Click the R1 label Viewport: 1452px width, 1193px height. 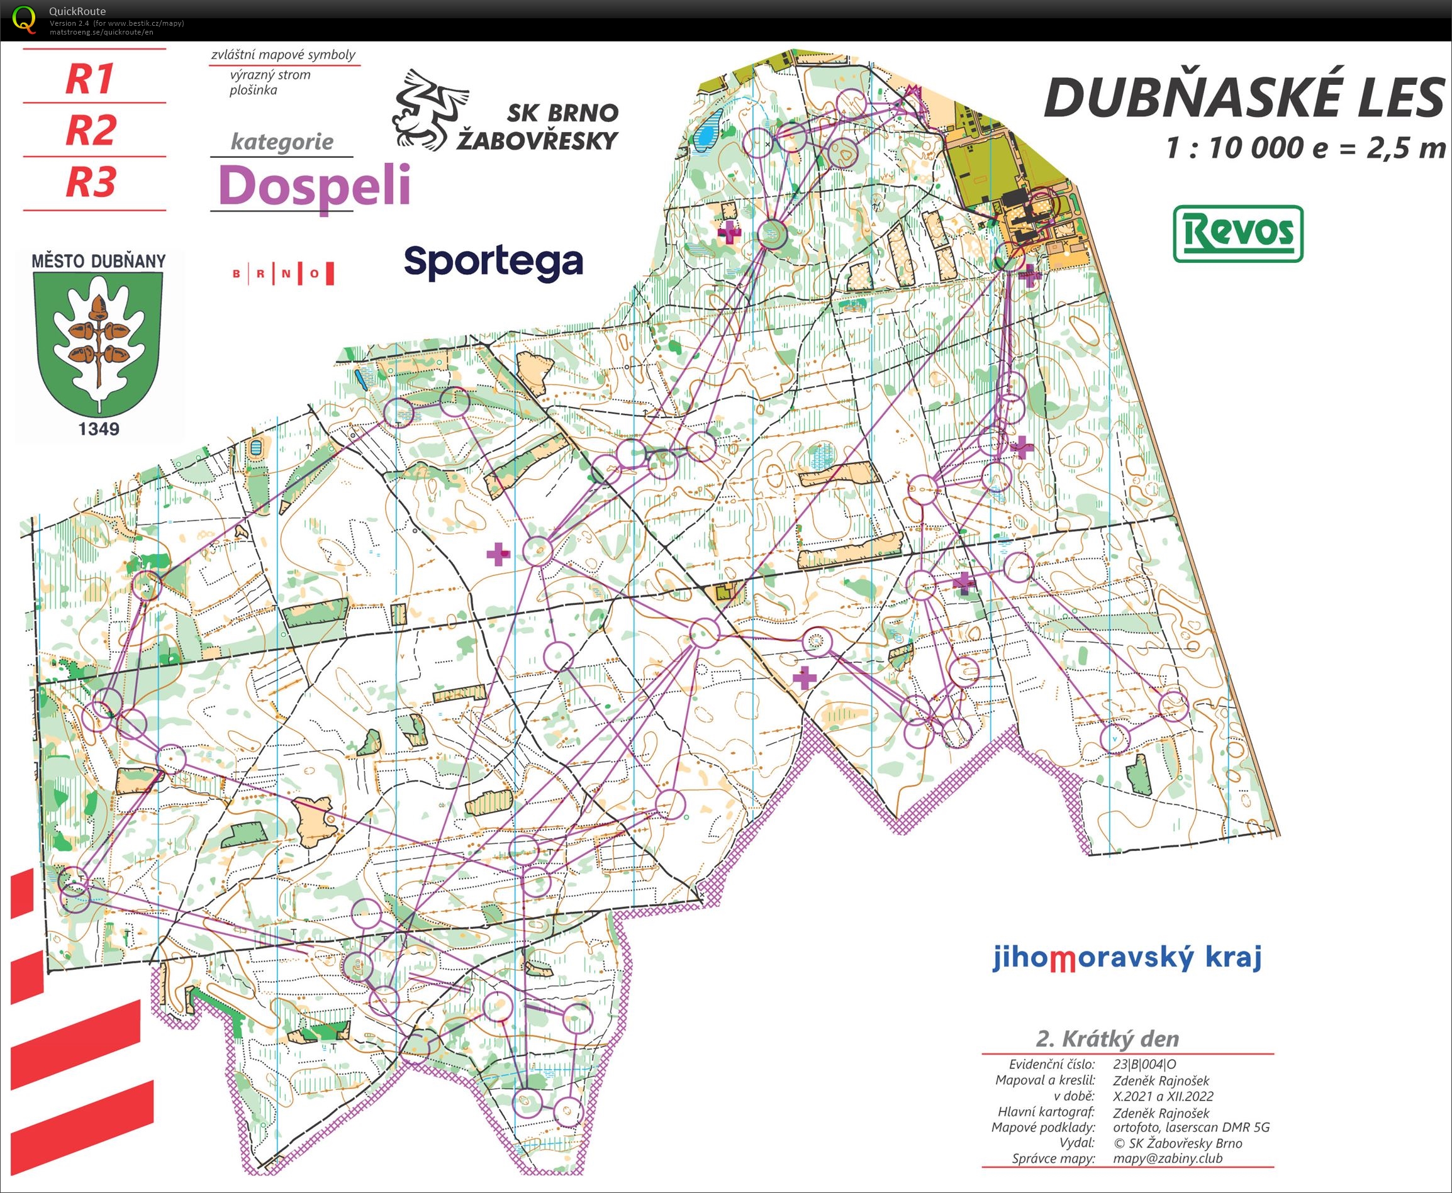click(x=89, y=79)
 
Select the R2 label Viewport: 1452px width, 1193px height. click(x=91, y=130)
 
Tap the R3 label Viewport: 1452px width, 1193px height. click(x=91, y=182)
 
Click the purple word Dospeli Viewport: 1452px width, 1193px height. click(x=314, y=186)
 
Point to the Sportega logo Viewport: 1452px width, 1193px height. click(x=493, y=262)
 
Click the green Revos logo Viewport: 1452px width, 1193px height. click(x=1237, y=234)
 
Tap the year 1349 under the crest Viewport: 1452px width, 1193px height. click(x=98, y=429)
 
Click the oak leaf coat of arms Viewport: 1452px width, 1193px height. click(x=98, y=340)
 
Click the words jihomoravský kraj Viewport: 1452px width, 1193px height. click(x=1127, y=957)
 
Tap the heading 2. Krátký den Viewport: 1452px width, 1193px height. click(x=1107, y=1038)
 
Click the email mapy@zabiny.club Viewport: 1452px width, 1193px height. click(x=1168, y=1158)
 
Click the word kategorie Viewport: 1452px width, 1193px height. click(x=282, y=141)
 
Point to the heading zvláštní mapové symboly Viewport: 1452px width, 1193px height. click(x=283, y=54)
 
